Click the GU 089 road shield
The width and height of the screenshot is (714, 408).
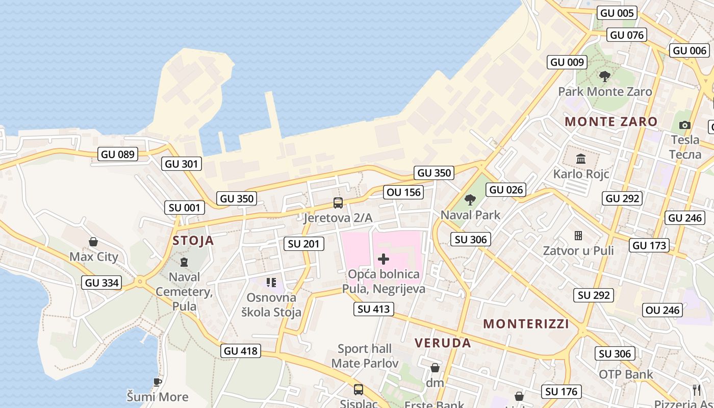[x=118, y=154]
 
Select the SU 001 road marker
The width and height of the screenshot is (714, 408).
[x=185, y=208]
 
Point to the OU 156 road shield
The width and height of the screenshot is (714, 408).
[x=404, y=192]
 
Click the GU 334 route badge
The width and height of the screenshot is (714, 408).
[x=102, y=283]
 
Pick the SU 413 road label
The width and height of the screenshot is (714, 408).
[x=374, y=309]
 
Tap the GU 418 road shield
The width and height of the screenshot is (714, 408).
[x=241, y=351]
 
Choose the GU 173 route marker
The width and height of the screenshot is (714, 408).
[x=649, y=245]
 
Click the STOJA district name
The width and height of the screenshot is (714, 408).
[x=193, y=241]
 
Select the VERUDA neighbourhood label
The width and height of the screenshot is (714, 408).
[x=443, y=343]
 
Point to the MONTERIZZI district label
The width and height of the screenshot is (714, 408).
[x=526, y=324]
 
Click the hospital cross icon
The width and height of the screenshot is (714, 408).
[x=383, y=259]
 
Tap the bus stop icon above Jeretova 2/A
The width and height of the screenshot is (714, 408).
[x=338, y=203]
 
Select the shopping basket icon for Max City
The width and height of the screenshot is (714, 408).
[x=93, y=242]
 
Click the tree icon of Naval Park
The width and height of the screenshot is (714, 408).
[x=470, y=200]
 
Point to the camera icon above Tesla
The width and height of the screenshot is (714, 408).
[x=685, y=125]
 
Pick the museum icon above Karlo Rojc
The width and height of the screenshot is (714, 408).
[x=581, y=159]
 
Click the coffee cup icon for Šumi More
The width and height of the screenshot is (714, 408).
[x=158, y=382]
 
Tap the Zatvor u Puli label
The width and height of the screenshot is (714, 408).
[x=578, y=250]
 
